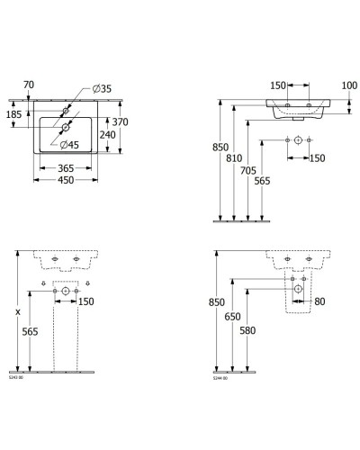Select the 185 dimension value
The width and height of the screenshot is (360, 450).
(x=15, y=115)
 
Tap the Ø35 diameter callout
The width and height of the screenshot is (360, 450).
(x=101, y=87)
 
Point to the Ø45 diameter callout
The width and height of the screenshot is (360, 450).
(x=69, y=143)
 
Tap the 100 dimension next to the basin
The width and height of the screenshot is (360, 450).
(x=349, y=85)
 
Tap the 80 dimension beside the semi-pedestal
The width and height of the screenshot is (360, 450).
(x=319, y=301)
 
